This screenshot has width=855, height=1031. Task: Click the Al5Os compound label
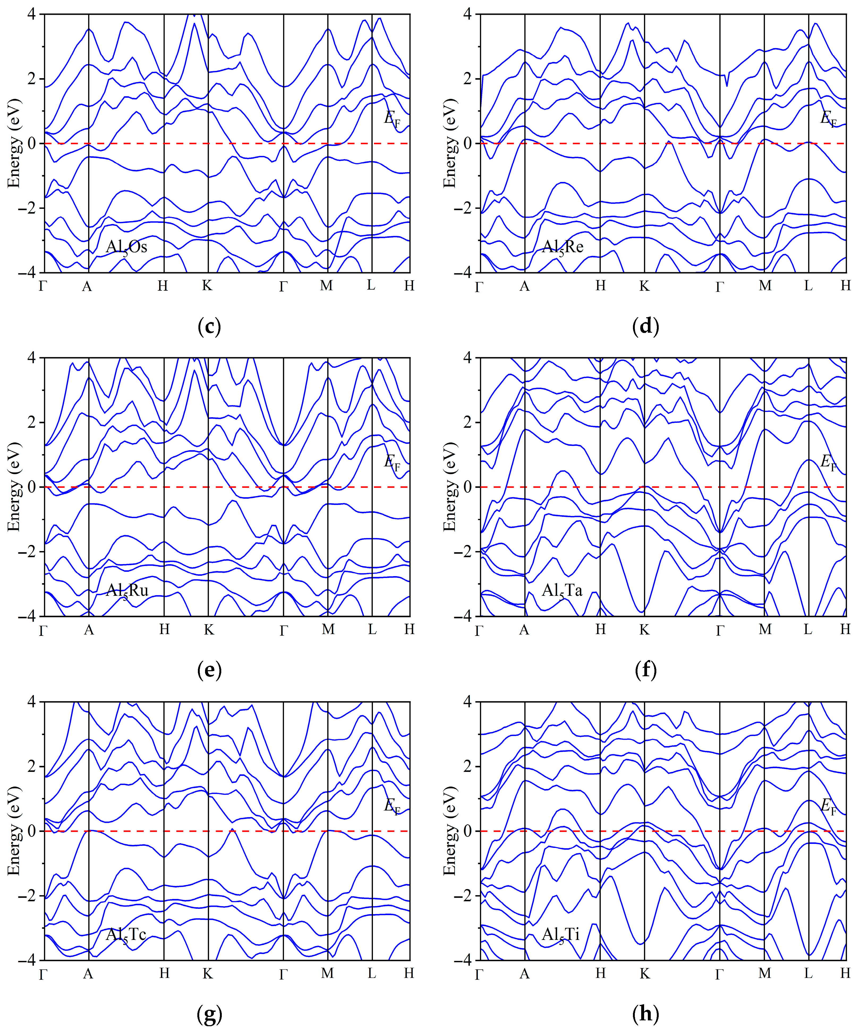click(x=127, y=247)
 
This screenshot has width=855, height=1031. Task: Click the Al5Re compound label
click(x=563, y=247)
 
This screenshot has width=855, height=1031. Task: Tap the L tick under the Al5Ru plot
click(x=372, y=629)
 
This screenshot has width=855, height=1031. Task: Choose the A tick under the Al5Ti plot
click(x=524, y=974)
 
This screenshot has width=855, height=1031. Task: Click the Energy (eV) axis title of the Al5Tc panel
click(x=15, y=831)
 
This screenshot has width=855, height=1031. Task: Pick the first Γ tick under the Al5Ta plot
click(x=479, y=630)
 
